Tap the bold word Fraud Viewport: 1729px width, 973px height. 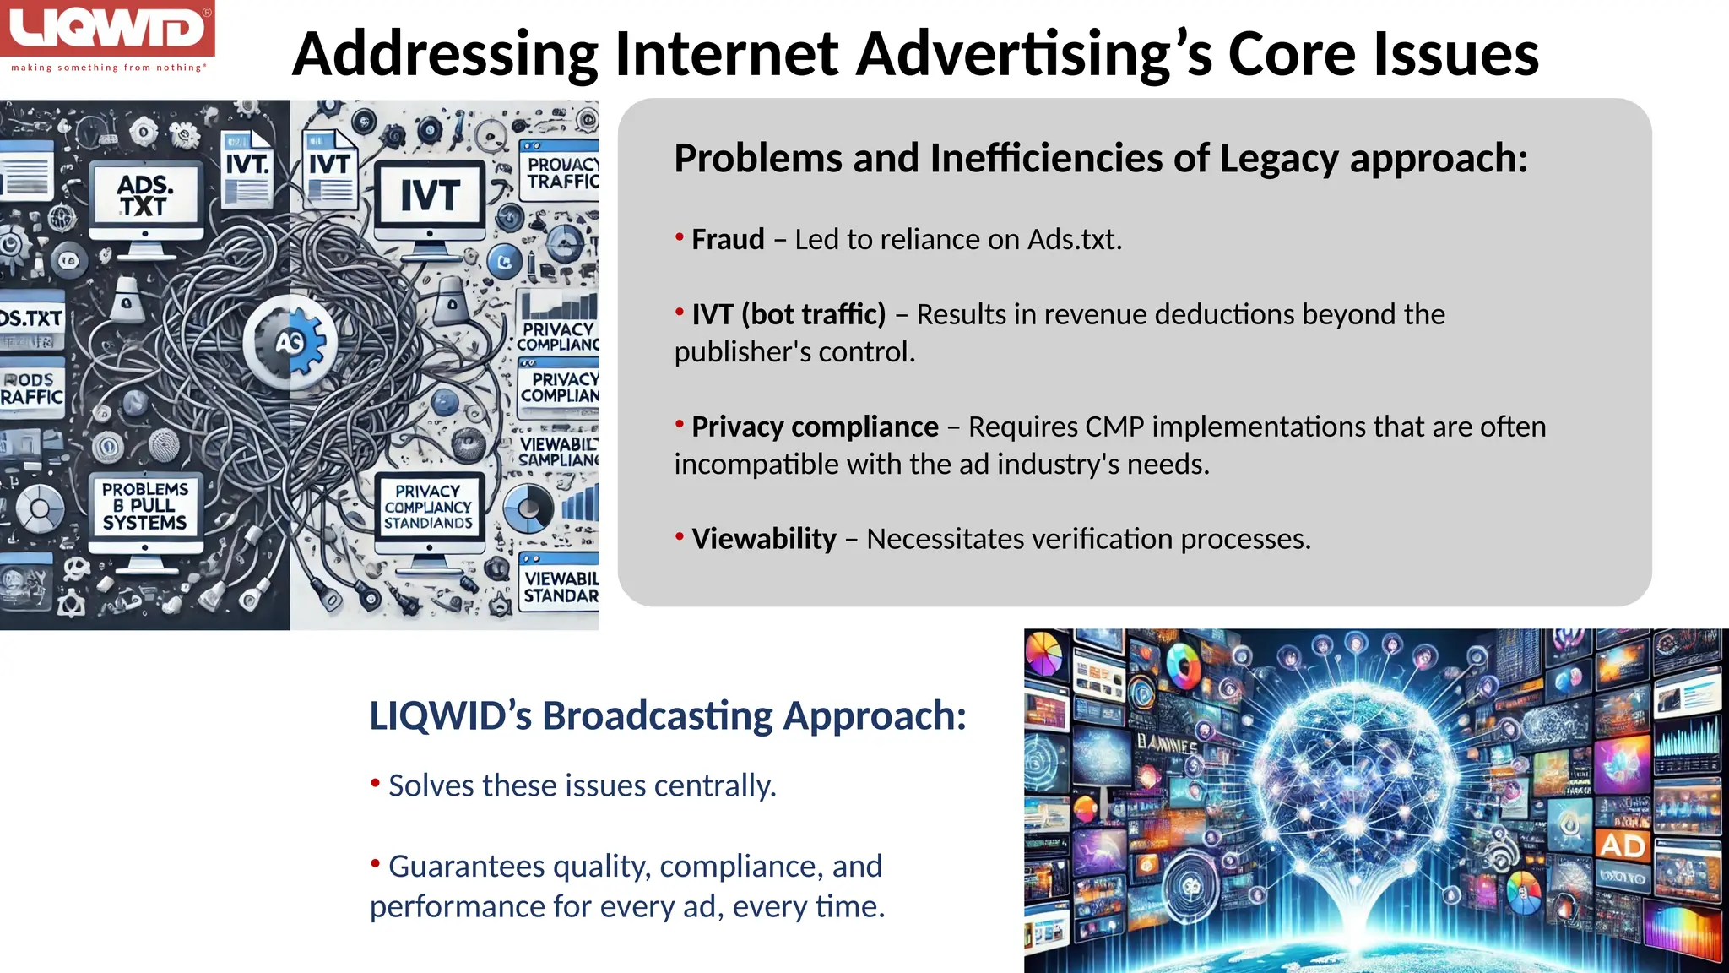click(728, 240)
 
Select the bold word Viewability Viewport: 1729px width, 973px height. click(764, 539)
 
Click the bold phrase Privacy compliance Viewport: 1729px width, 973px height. click(815, 427)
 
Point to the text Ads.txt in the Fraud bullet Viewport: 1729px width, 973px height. click(1074, 240)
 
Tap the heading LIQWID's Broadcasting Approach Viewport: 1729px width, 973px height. click(667, 715)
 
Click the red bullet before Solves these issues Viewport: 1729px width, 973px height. click(375, 783)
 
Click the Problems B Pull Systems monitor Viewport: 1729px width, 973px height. click(145, 506)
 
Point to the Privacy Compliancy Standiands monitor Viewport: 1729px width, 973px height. click(428, 507)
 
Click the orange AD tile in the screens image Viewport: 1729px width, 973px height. click(1622, 845)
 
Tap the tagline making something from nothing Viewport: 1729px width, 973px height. click(107, 68)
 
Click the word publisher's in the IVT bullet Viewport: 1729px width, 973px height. click(741, 351)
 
